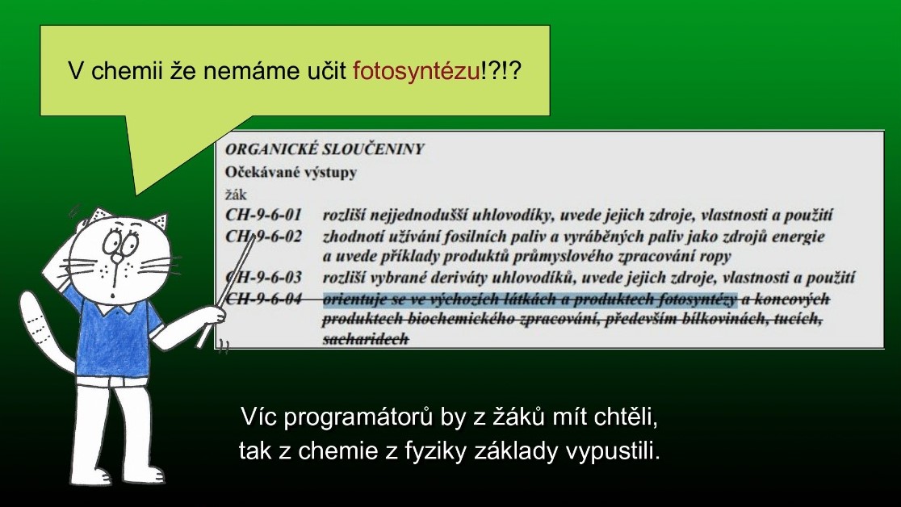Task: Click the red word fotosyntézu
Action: click(x=416, y=71)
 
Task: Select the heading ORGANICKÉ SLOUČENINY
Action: click(x=324, y=149)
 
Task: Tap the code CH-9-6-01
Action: click(x=263, y=215)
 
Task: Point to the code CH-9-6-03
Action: click(x=263, y=278)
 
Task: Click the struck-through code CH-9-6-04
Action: click(x=263, y=299)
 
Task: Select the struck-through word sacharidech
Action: click(x=366, y=339)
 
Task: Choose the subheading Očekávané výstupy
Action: click(x=291, y=173)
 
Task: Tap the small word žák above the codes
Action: click(x=236, y=195)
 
